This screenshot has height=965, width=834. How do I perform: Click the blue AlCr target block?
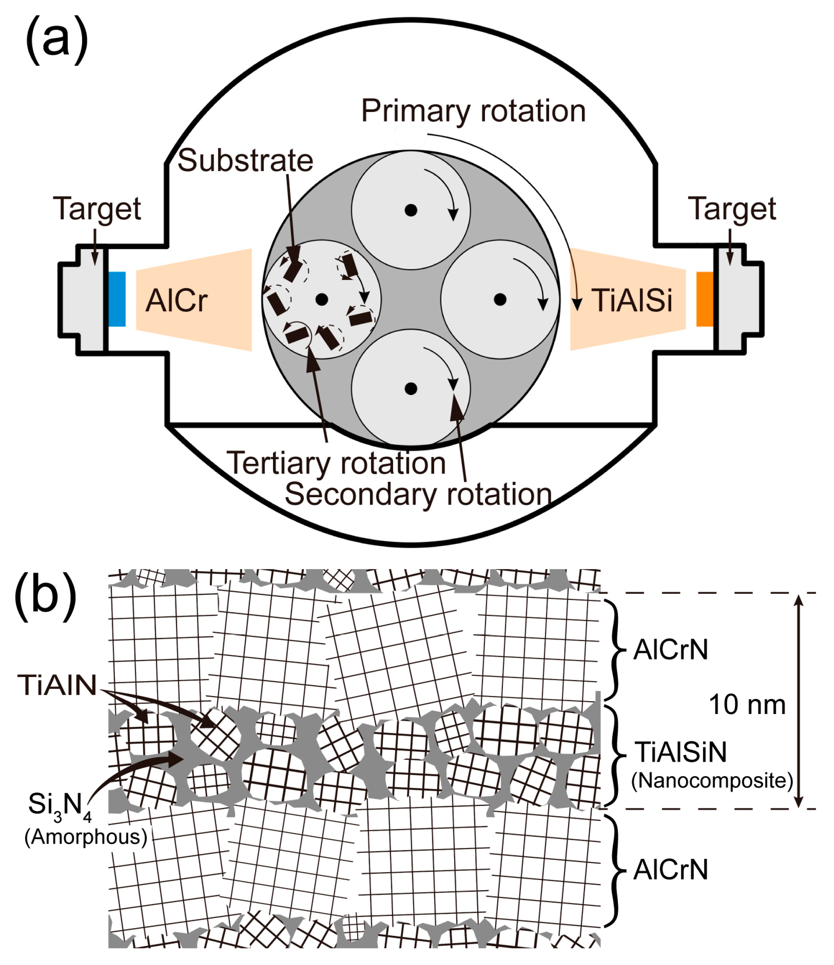(x=117, y=298)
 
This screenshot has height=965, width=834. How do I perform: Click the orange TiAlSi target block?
(x=705, y=298)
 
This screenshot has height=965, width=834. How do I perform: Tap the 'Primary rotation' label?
(x=473, y=111)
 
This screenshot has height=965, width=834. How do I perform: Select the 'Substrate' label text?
(x=245, y=161)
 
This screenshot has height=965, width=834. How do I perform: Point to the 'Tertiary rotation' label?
(x=336, y=463)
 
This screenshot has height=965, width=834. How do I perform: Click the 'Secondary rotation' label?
(x=418, y=494)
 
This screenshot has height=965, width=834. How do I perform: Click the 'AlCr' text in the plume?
(x=176, y=301)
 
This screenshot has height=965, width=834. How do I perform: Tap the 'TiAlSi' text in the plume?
(x=631, y=301)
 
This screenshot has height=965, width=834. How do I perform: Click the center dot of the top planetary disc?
(x=411, y=210)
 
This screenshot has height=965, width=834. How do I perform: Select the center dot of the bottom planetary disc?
(x=411, y=388)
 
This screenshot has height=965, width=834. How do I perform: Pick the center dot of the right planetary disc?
(x=500, y=299)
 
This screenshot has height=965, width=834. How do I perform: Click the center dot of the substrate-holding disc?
(x=322, y=299)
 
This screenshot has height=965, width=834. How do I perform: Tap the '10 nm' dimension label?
(x=747, y=705)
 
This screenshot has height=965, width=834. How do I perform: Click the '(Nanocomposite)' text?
(x=712, y=780)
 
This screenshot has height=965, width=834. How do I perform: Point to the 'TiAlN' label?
(x=57, y=685)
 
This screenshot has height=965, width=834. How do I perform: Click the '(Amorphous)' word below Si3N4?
(x=85, y=837)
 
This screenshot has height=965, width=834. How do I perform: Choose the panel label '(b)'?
(x=45, y=596)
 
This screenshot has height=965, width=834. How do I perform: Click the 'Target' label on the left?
(x=97, y=209)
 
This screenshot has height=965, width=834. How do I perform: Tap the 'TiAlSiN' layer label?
(x=681, y=752)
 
